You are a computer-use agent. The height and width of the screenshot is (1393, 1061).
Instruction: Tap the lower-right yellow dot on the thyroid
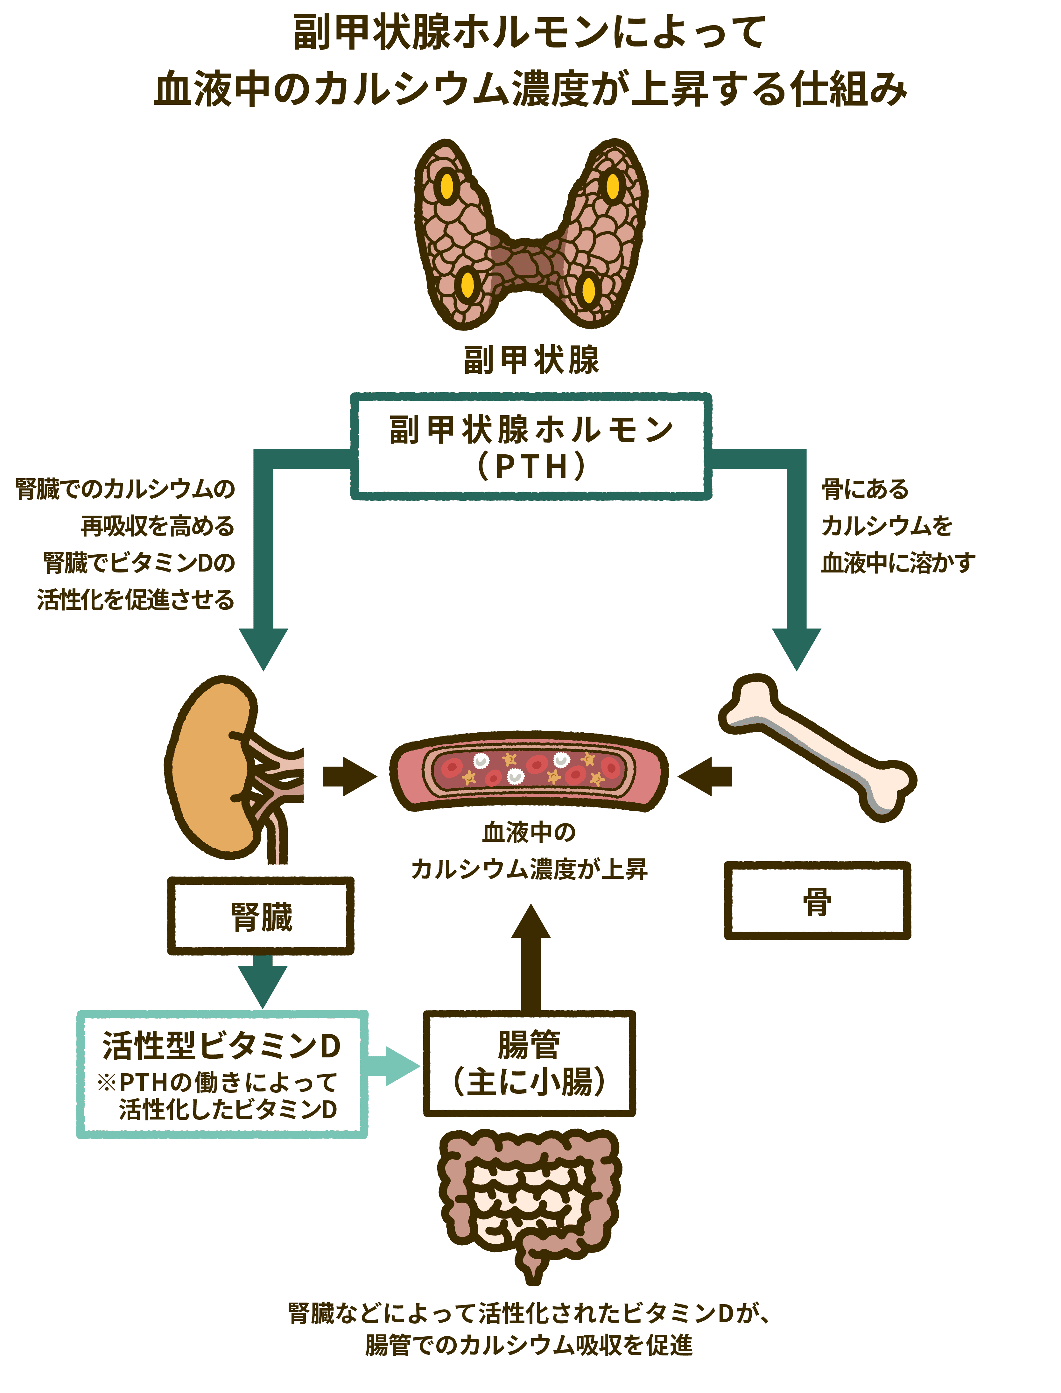(x=588, y=290)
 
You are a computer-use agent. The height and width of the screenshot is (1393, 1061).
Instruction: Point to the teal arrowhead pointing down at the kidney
(x=264, y=648)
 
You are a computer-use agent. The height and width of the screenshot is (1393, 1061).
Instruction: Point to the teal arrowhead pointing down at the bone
(x=796, y=648)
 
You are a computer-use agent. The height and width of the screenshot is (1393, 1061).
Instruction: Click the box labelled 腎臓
(x=261, y=916)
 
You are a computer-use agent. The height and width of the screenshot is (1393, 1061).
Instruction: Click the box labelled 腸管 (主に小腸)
(x=529, y=1063)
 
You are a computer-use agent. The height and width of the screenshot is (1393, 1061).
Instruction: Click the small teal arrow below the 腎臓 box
(x=263, y=982)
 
